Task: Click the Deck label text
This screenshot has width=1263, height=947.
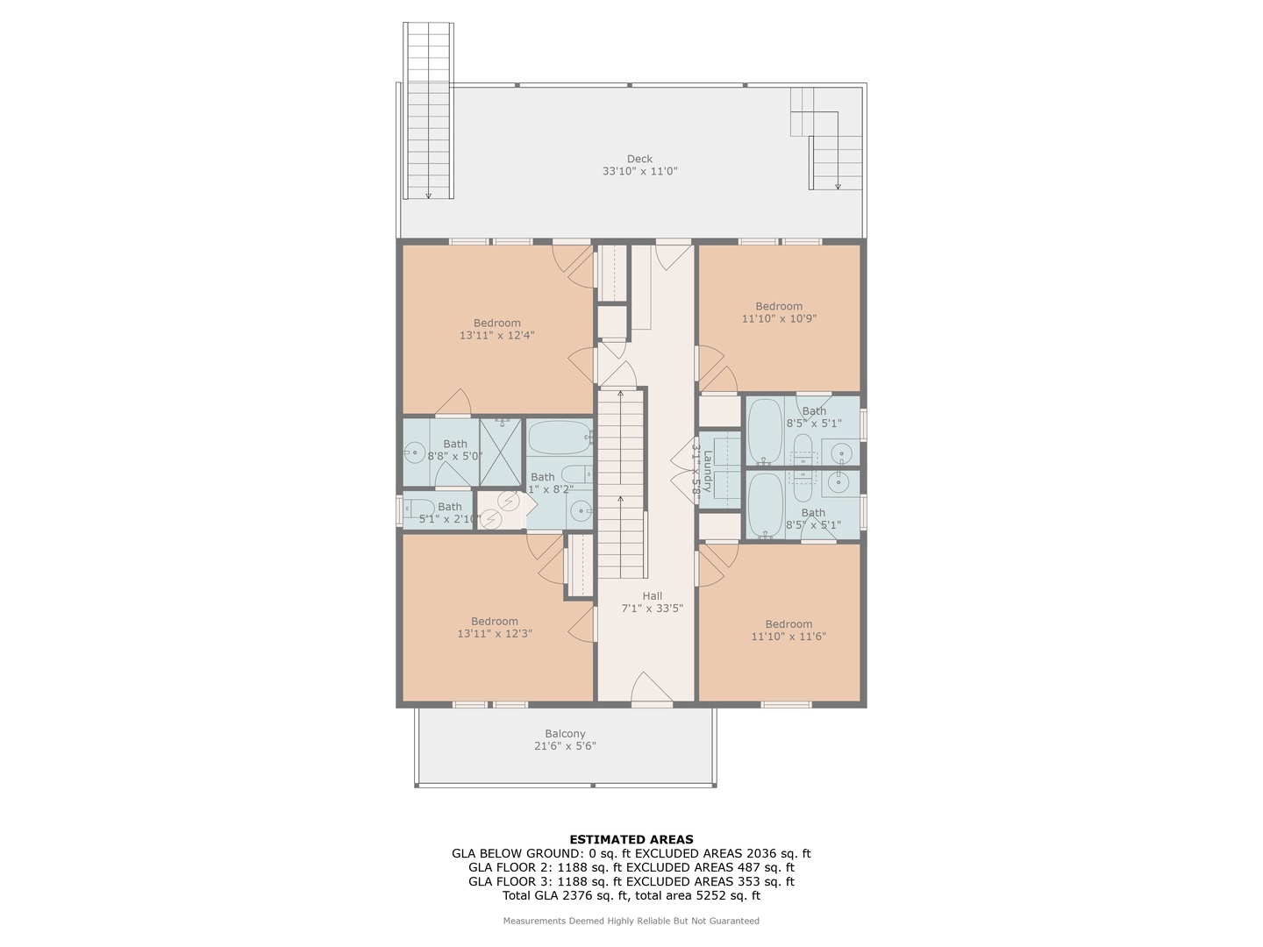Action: [x=639, y=159]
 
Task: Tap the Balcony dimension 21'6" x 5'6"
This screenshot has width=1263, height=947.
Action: [x=565, y=746]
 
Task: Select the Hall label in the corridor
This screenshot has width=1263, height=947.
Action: [x=652, y=595]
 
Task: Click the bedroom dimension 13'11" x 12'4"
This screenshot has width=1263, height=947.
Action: [x=496, y=335]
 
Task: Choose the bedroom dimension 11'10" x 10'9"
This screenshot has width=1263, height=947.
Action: [x=779, y=319]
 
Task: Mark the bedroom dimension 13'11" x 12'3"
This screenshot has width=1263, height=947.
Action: [x=494, y=633]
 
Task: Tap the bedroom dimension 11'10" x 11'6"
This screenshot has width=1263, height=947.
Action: [x=788, y=637]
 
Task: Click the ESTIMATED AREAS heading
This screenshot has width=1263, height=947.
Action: [x=631, y=839]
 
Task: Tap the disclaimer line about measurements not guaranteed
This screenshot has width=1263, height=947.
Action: [x=631, y=921]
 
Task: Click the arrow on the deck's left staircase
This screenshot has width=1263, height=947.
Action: [x=428, y=194]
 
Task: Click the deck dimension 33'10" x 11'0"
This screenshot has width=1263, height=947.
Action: [x=639, y=172]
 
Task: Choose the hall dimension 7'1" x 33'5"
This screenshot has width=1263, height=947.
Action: [x=652, y=608]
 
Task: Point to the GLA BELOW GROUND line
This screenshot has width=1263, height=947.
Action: [x=631, y=853]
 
